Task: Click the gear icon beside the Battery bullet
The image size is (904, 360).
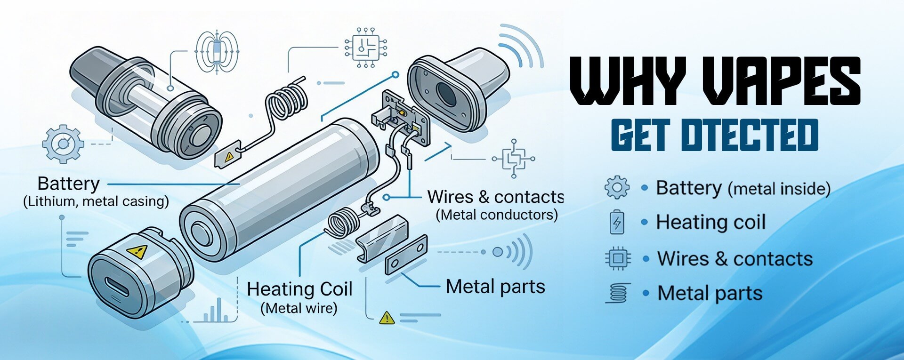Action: [617, 187]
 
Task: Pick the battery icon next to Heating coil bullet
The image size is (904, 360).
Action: [617, 222]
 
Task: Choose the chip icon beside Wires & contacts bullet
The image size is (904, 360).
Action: [617, 258]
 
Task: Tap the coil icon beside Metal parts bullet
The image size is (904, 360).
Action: [618, 293]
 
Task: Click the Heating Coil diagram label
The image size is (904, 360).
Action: [299, 289]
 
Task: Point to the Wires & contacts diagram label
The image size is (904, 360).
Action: [495, 197]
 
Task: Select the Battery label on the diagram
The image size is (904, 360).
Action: [68, 184]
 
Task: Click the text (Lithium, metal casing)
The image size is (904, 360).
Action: [96, 201]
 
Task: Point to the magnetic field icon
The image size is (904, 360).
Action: [217, 52]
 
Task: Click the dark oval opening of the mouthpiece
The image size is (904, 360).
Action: [446, 94]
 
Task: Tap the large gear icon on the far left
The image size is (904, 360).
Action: [63, 144]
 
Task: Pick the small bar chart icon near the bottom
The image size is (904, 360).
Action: [215, 310]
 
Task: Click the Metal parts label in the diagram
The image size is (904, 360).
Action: [495, 287]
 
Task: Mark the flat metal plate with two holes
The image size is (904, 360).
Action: [406, 255]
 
